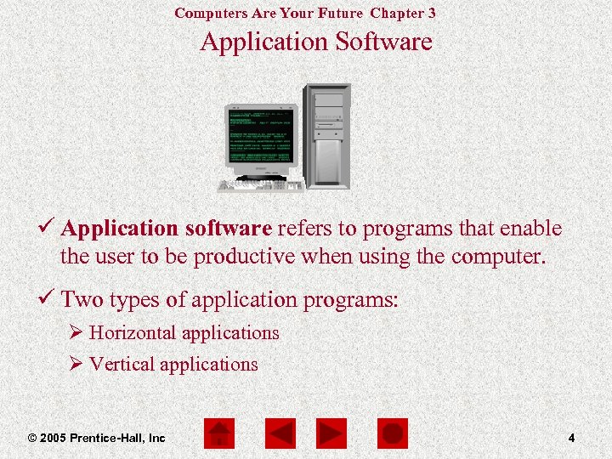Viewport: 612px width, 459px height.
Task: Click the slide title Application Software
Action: [x=316, y=42]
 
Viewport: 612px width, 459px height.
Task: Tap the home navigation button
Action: [x=221, y=434]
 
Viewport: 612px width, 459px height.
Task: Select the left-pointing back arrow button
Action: [x=280, y=434]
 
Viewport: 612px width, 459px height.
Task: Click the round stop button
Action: [x=393, y=434]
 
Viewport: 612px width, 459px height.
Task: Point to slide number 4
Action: [x=571, y=438]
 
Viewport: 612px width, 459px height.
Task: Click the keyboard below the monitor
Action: [x=259, y=185]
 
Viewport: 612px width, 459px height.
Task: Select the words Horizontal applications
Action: [x=184, y=333]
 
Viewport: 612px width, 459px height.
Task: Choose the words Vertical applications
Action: [x=173, y=365]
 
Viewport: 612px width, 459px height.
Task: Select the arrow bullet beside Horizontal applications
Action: [x=76, y=333]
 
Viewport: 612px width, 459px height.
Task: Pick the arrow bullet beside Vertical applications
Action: [x=76, y=365]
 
